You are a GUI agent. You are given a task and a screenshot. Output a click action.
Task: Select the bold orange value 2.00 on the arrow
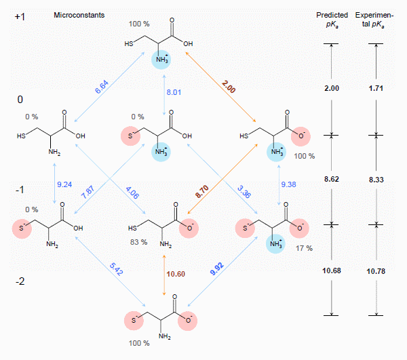228,87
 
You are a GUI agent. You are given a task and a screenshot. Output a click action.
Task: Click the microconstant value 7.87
89,193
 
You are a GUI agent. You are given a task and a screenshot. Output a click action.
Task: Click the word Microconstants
79,14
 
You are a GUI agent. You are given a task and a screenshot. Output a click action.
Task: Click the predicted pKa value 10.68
331,271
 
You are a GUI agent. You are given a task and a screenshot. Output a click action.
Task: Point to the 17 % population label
304,248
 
